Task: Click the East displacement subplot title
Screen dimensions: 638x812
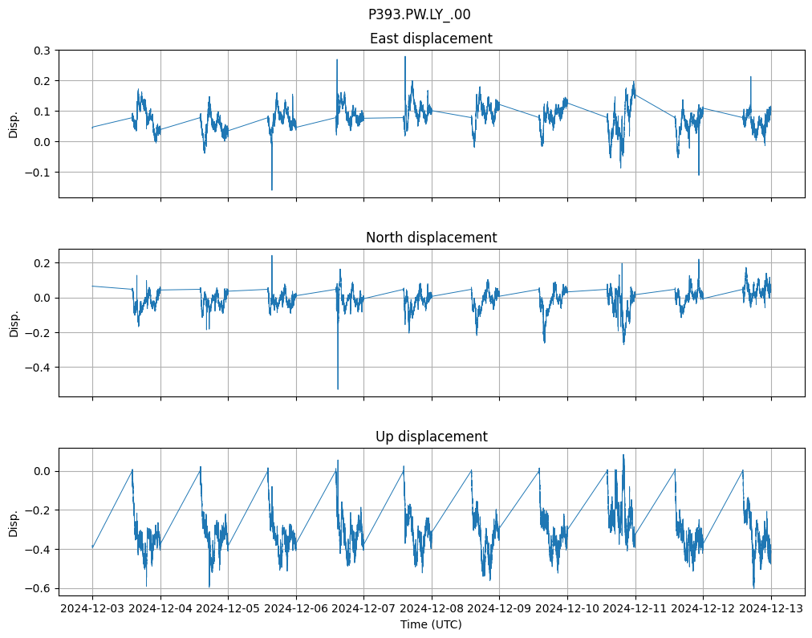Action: tap(431, 39)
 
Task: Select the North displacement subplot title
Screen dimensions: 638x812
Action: tap(431, 238)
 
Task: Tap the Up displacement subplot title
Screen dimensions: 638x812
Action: tap(431, 437)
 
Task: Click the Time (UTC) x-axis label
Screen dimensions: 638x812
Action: tap(431, 624)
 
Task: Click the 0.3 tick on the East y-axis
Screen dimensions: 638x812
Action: tap(42, 51)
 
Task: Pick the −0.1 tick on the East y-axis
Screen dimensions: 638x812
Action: tap(39, 173)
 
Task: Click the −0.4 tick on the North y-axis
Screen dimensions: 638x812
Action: tap(39, 368)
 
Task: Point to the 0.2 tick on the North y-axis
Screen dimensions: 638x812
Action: tap(42, 263)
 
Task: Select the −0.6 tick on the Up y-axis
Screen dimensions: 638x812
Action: tap(39, 588)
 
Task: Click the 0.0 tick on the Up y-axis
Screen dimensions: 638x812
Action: tap(42, 472)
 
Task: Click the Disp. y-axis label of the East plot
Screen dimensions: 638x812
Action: tap(14, 124)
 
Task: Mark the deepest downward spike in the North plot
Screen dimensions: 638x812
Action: tap(338, 389)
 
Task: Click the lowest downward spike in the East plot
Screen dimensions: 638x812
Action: tap(272, 189)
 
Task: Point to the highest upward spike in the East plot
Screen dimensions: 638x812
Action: tap(405, 56)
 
